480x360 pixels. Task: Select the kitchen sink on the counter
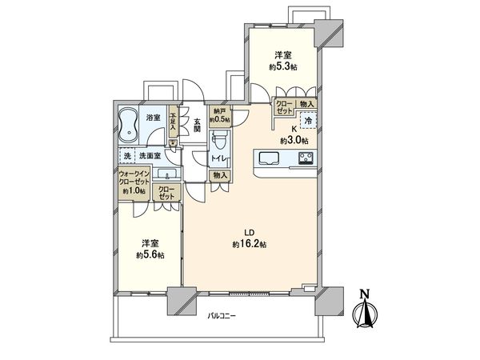click(267, 158)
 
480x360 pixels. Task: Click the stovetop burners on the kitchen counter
click(306, 158)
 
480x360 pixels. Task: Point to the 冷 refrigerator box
click(307, 122)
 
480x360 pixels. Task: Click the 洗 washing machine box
click(126, 155)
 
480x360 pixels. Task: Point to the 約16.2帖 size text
click(250, 243)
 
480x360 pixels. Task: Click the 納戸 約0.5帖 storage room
click(219, 117)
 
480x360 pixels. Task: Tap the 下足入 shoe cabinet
click(173, 122)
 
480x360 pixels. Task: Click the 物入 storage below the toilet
click(222, 175)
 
